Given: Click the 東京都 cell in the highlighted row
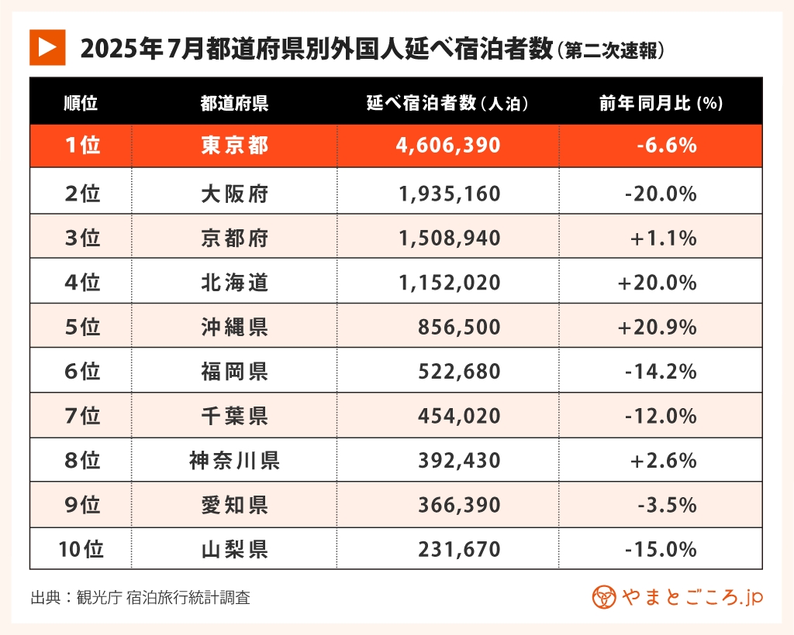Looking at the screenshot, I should pyautogui.click(x=234, y=146).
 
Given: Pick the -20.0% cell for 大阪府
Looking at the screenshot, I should pyautogui.click(x=661, y=194).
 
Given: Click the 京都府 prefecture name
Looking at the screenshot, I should pyautogui.click(x=234, y=239).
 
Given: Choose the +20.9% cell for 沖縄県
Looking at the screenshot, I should pyautogui.click(x=657, y=328).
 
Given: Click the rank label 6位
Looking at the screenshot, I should pyautogui.click(x=81, y=372).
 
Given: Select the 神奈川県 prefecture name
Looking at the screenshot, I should pyautogui.click(x=234, y=462).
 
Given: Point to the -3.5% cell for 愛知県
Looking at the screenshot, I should pyautogui.click(x=667, y=506).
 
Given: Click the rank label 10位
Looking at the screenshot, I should pyautogui.click(x=81, y=550).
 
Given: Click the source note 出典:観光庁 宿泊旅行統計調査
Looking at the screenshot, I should pyautogui.click(x=140, y=598).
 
